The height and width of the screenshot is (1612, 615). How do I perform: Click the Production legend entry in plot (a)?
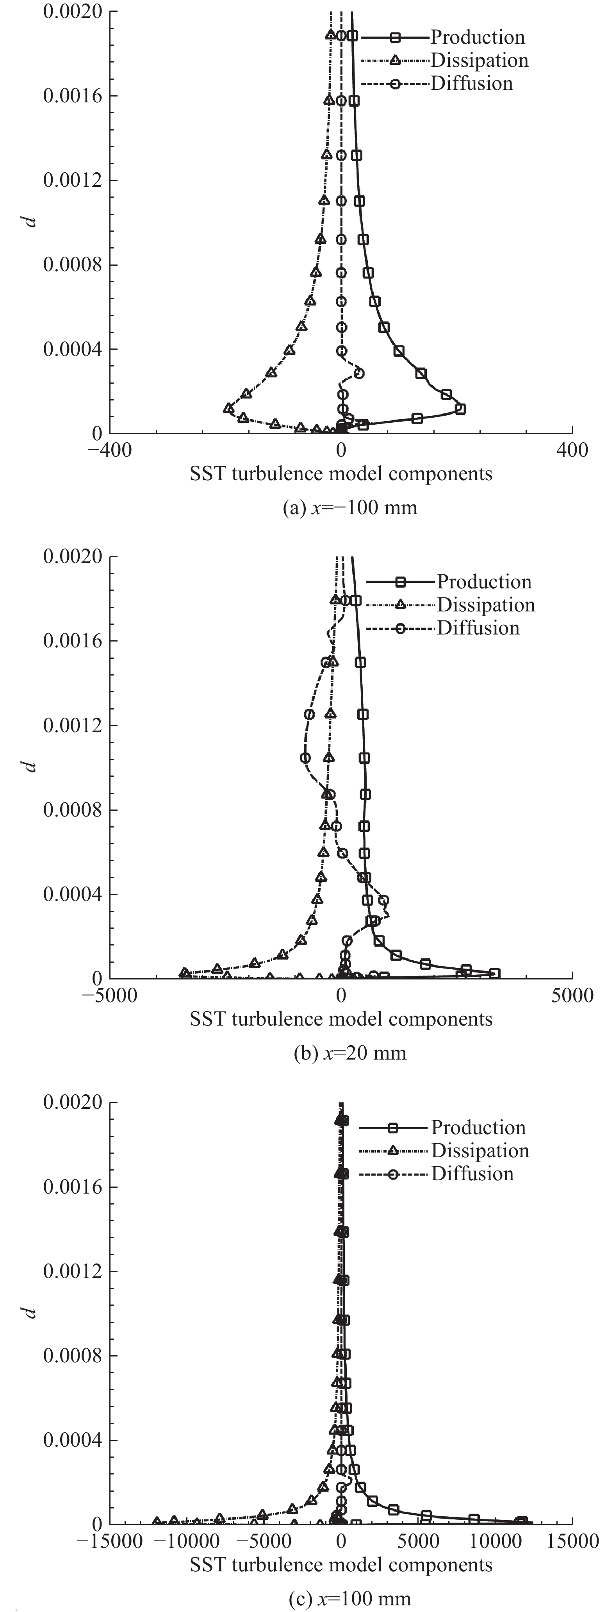tap(477, 38)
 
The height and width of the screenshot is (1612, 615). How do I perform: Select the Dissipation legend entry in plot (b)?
tap(485, 605)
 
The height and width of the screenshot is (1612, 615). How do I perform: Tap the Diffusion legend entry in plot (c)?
tap(472, 1174)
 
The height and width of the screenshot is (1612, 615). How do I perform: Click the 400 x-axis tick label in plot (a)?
tap(572, 450)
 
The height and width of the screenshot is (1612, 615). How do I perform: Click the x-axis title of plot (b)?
tap(341, 1019)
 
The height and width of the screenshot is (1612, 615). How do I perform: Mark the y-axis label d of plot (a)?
tap(30, 222)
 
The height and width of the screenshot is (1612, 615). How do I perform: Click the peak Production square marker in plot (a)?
tap(460, 409)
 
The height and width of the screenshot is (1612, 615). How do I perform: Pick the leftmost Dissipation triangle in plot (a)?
tap(229, 408)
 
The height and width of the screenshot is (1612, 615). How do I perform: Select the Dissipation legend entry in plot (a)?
tap(479, 61)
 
